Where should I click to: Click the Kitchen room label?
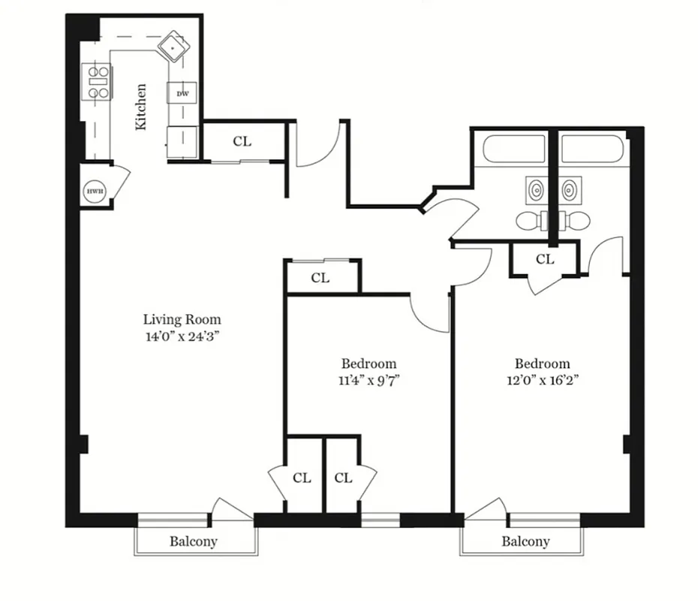pyautogui.click(x=140, y=107)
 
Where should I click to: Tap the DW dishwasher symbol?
pyautogui.click(x=182, y=94)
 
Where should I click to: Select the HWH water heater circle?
pyautogui.click(x=95, y=192)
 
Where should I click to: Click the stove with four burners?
pyautogui.click(x=98, y=82)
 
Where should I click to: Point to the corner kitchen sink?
pyautogui.click(x=173, y=47)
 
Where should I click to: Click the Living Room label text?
pyautogui.click(x=182, y=319)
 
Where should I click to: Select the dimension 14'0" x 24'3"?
pyautogui.click(x=182, y=337)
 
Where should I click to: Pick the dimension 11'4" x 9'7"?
pyautogui.click(x=368, y=380)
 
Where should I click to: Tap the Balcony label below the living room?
pyautogui.click(x=193, y=541)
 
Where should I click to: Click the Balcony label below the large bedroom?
pyautogui.click(x=525, y=541)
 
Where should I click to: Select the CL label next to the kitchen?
pyautogui.click(x=242, y=140)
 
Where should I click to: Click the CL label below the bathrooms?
pyautogui.click(x=545, y=259)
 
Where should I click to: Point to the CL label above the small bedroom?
pyautogui.click(x=320, y=278)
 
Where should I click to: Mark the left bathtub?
pyautogui.click(x=514, y=148)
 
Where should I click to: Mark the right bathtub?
pyautogui.click(x=592, y=148)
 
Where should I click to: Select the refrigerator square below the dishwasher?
pyautogui.click(x=182, y=140)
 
